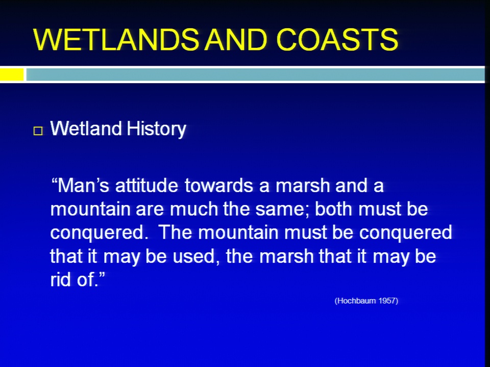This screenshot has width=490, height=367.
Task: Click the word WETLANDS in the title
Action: click(x=116, y=40)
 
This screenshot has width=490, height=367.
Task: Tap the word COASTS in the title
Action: click(x=337, y=40)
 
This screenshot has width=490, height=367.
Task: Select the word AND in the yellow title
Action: click(x=236, y=40)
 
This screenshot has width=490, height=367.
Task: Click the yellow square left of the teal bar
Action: click(x=12, y=74)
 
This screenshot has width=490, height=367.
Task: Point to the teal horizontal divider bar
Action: click(x=255, y=74)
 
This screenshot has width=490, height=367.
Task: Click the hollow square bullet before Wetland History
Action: click(x=38, y=131)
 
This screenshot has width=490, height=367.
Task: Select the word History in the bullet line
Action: click(x=156, y=129)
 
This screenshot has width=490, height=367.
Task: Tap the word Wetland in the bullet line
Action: click(x=86, y=128)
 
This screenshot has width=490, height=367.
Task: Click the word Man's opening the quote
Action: click(x=80, y=186)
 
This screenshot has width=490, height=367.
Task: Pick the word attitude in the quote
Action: click(x=146, y=186)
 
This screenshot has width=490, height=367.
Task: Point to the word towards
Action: click(x=219, y=186)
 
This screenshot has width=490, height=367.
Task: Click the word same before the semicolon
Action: click(x=280, y=209)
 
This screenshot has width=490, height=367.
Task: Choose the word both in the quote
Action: click(x=333, y=208)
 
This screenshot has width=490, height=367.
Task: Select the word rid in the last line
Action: click(x=61, y=279)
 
